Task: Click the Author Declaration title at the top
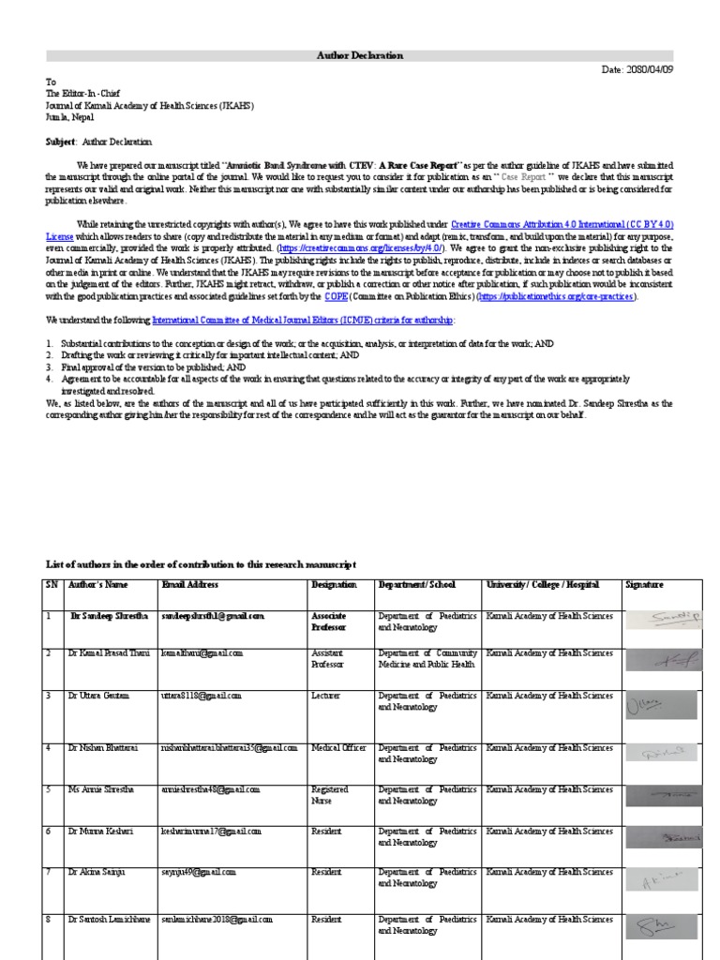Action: (360, 56)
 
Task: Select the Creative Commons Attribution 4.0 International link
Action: (562, 225)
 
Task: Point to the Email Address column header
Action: (190, 585)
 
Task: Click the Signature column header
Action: (644, 585)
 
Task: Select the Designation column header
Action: (334, 585)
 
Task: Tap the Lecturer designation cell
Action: (327, 697)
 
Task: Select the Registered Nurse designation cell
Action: (330, 795)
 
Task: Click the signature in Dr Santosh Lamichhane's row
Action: (661, 928)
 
